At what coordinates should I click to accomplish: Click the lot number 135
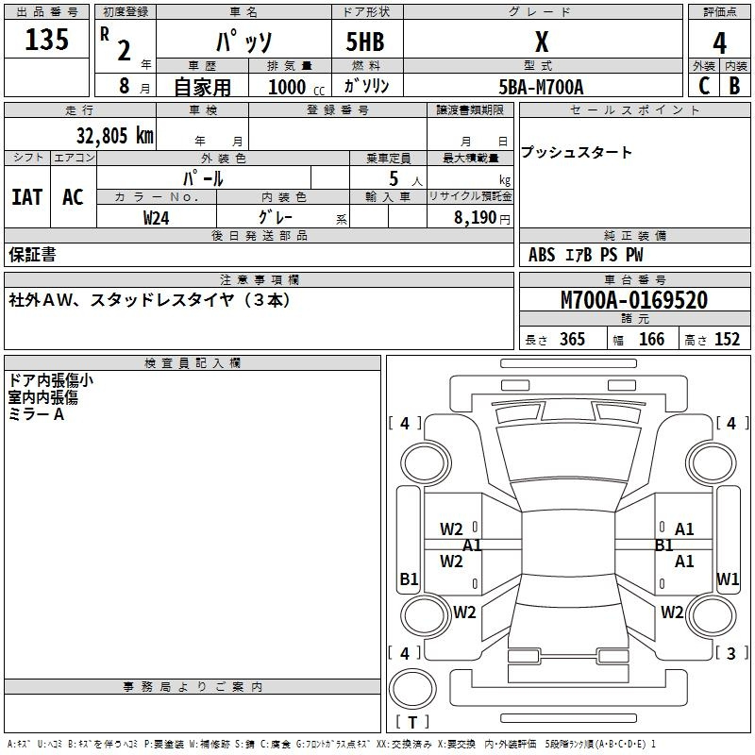pyautogui.click(x=48, y=41)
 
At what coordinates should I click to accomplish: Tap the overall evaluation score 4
pyautogui.click(x=720, y=42)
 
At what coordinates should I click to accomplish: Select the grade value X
pyautogui.click(x=541, y=42)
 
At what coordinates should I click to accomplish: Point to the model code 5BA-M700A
pyautogui.click(x=541, y=87)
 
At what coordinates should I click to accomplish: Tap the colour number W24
pyautogui.click(x=157, y=217)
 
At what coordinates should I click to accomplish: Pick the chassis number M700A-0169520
pyautogui.click(x=633, y=301)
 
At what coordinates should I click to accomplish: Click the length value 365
pyautogui.click(x=572, y=340)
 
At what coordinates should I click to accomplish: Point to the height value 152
pyautogui.click(x=727, y=340)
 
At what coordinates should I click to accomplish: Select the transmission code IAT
pyautogui.click(x=27, y=197)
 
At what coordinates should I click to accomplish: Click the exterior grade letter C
pyautogui.click(x=703, y=85)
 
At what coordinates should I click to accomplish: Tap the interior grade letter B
pyautogui.click(x=734, y=85)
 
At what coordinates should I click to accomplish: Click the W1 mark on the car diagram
pyautogui.click(x=728, y=579)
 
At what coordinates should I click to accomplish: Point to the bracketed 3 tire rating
pyautogui.click(x=731, y=653)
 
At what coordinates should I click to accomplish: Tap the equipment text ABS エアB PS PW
pyautogui.click(x=585, y=255)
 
